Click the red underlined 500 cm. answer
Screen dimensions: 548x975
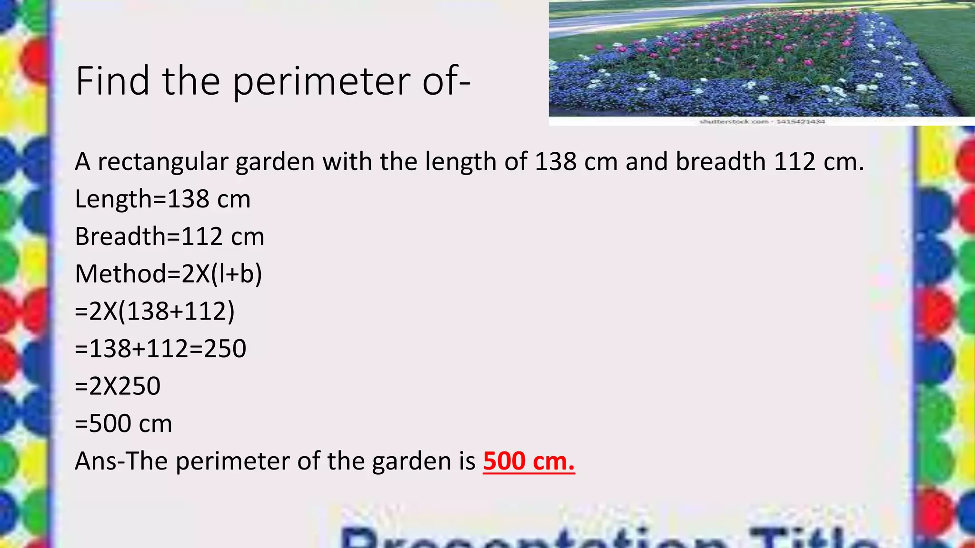(528, 461)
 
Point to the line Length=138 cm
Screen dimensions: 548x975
(162, 199)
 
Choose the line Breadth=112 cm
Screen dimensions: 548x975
(169, 236)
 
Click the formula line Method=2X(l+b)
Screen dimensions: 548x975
(169, 274)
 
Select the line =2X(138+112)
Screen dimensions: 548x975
(155, 312)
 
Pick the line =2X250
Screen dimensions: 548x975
(118, 386)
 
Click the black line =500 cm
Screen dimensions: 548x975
(123, 423)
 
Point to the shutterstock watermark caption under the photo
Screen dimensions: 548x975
(762, 122)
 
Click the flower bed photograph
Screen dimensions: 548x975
(762, 59)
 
